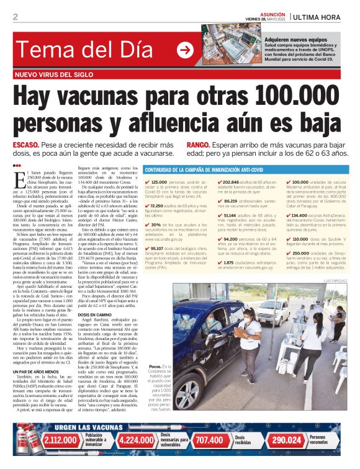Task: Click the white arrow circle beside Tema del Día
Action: (x=184, y=50)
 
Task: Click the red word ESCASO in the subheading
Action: (x=26, y=145)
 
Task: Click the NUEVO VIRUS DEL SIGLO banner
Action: (x=55, y=74)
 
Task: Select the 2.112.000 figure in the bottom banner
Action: (x=60, y=440)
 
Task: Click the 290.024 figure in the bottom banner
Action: (x=286, y=440)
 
